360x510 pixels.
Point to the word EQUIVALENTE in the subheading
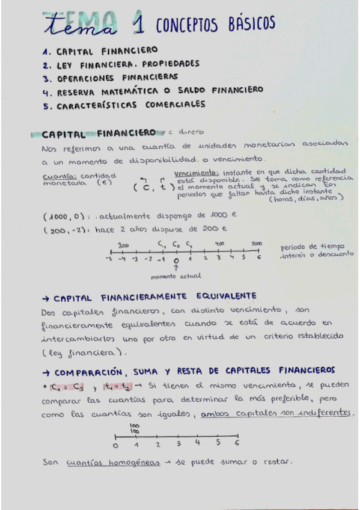coord(212,296)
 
